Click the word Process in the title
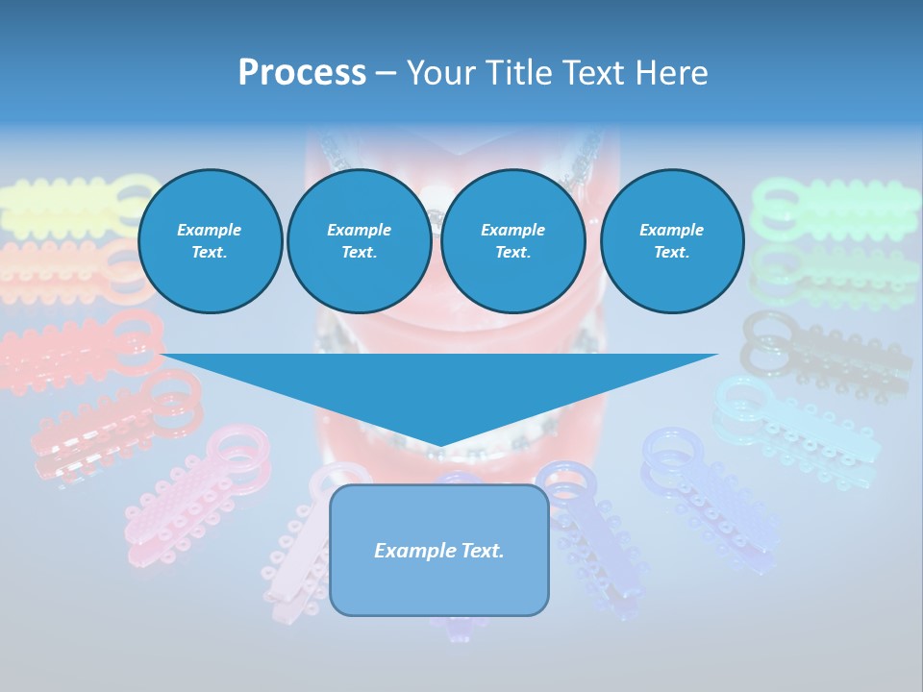pos(302,73)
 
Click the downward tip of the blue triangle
pos(439,444)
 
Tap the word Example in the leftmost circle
pos(210,230)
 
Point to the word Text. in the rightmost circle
pos(671,252)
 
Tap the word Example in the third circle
pos(512,230)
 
